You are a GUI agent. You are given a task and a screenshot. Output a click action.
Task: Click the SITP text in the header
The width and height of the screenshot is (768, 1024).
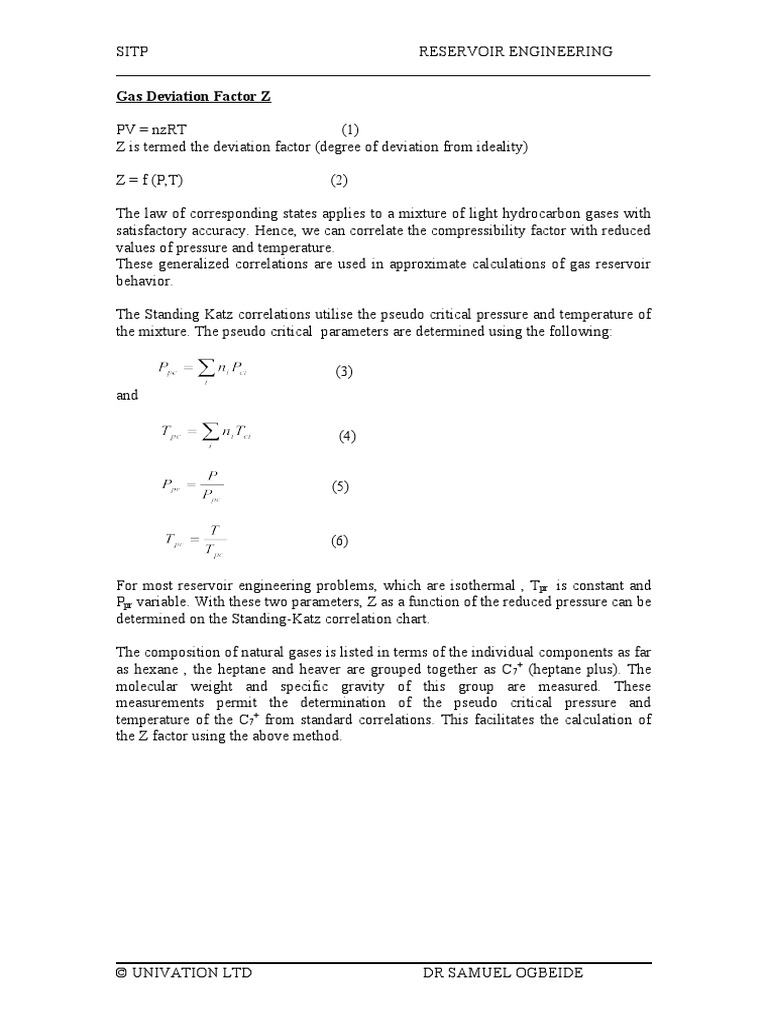132,51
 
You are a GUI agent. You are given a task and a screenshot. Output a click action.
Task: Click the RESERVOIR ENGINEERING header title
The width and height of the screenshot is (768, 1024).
515,51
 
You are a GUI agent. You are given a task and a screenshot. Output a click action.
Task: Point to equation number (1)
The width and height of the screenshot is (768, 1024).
349,130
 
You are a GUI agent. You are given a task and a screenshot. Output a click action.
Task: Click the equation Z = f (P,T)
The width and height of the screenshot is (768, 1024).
150,180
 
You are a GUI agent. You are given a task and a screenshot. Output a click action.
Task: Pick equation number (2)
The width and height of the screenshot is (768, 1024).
340,180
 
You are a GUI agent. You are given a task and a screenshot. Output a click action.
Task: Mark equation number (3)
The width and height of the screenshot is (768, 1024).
344,372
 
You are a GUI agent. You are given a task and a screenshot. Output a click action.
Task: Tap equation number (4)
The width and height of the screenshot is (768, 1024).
347,435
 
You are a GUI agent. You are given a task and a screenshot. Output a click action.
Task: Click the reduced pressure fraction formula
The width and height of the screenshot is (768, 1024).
192,487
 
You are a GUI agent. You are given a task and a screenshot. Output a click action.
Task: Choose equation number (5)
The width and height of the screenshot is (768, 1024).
340,487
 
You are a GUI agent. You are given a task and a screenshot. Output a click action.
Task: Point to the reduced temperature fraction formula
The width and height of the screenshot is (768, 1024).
196,541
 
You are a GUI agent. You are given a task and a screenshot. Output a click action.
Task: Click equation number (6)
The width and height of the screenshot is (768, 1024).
340,541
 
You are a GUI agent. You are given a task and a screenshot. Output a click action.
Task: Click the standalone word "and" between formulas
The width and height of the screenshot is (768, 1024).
127,395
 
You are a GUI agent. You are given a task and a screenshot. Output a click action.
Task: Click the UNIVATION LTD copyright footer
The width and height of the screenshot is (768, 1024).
184,972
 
